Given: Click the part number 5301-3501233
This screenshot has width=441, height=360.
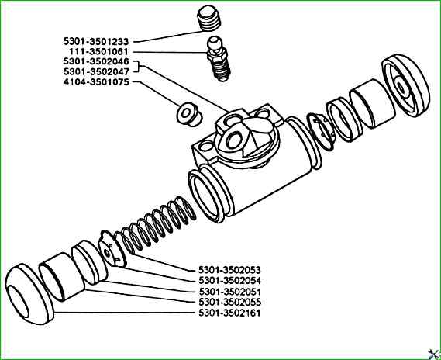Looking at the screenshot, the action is click(x=96, y=42).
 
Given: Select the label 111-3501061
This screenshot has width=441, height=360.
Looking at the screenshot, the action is click(x=98, y=52).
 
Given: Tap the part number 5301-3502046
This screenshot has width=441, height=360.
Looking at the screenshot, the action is click(x=96, y=61).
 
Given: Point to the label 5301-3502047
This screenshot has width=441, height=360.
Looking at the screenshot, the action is click(x=96, y=72).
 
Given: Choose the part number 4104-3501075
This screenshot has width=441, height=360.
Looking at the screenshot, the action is click(x=96, y=82).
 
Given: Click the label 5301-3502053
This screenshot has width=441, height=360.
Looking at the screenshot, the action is click(x=229, y=270).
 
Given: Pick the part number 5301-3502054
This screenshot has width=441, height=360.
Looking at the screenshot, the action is click(x=229, y=281).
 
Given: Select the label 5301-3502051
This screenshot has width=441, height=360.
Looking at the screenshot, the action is click(x=229, y=292).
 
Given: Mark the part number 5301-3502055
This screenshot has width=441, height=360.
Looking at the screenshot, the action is click(x=229, y=303).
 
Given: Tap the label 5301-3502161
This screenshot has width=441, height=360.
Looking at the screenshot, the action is click(x=229, y=313).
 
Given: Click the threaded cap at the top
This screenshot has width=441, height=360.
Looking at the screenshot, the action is click(x=208, y=19).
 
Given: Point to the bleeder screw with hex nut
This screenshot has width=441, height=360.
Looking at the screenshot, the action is click(x=219, y=59).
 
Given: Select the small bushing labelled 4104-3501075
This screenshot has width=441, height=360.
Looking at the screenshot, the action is click(x=188, y=114).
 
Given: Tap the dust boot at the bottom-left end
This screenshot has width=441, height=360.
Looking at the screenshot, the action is click(x=29, y=294).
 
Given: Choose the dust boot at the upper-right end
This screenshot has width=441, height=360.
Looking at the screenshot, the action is click(x=406, y=85).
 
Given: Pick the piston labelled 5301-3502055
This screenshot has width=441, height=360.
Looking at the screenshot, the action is click(x=62, y=277).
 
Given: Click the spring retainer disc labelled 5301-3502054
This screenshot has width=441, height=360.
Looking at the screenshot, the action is click(x=112, y=248).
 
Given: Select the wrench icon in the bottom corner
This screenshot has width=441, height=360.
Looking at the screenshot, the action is click(x=433, y=354).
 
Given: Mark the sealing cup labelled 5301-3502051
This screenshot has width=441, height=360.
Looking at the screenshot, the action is click(x=90, y=262).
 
